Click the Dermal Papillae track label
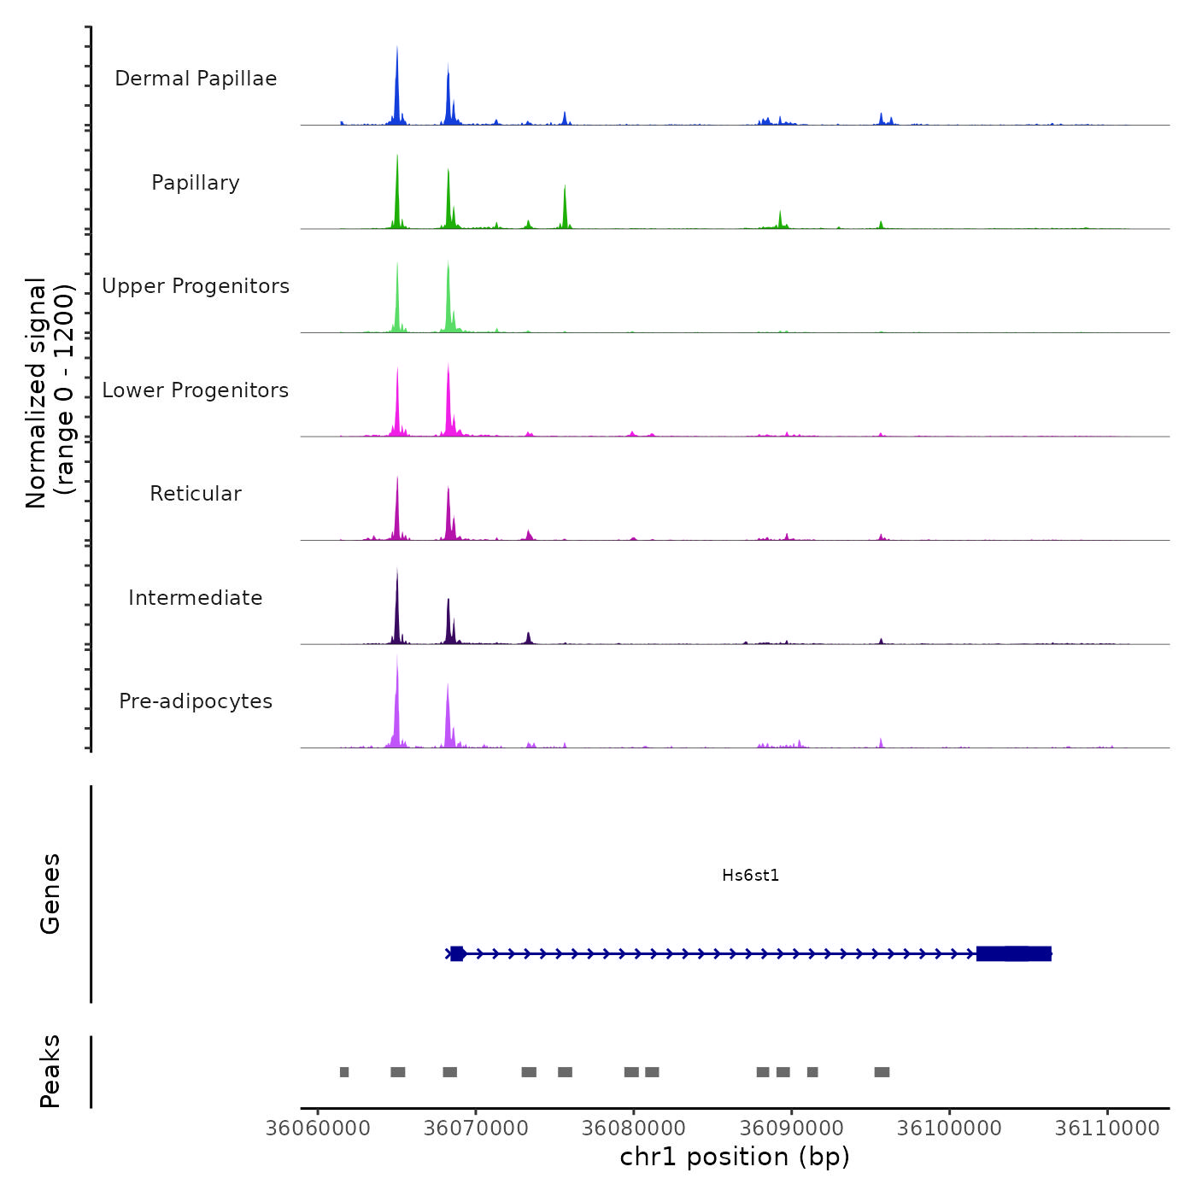(196, 79)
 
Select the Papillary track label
(196, 183)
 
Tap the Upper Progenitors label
(196, 286)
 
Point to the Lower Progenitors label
(196, 390)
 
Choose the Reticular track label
(196, 494)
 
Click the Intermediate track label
(196, 598)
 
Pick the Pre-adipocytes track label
(196, 701)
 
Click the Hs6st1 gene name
(750, 876)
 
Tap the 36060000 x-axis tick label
(318, 1129)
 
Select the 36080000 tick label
(634, 1129)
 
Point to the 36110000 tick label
(1107, 1129)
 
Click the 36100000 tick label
(949, 1129)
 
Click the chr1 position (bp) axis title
(735, 1158)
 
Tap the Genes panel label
(50, 894)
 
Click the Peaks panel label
(50, 1071)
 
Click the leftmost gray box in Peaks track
(344, 1072)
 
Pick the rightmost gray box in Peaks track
(882, 1072)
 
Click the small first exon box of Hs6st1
(457, 953)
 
